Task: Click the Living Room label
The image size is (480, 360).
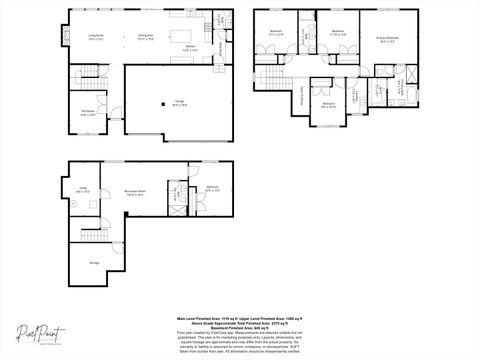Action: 96,37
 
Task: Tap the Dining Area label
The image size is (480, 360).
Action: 145,37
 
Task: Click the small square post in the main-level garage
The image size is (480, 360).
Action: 164,104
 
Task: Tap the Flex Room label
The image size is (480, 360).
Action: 87,114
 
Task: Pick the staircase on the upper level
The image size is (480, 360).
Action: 270,79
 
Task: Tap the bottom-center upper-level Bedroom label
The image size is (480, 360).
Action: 328,105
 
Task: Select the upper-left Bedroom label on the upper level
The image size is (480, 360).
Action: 276,33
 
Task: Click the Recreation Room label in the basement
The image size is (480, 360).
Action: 136,192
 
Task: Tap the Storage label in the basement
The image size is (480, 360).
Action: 95,262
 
